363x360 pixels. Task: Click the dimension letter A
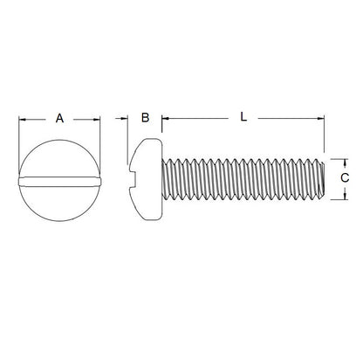point(59,117)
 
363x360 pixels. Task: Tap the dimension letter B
point(146,117)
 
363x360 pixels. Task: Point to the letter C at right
point(345,177)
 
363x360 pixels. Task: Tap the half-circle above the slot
point(59,157)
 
